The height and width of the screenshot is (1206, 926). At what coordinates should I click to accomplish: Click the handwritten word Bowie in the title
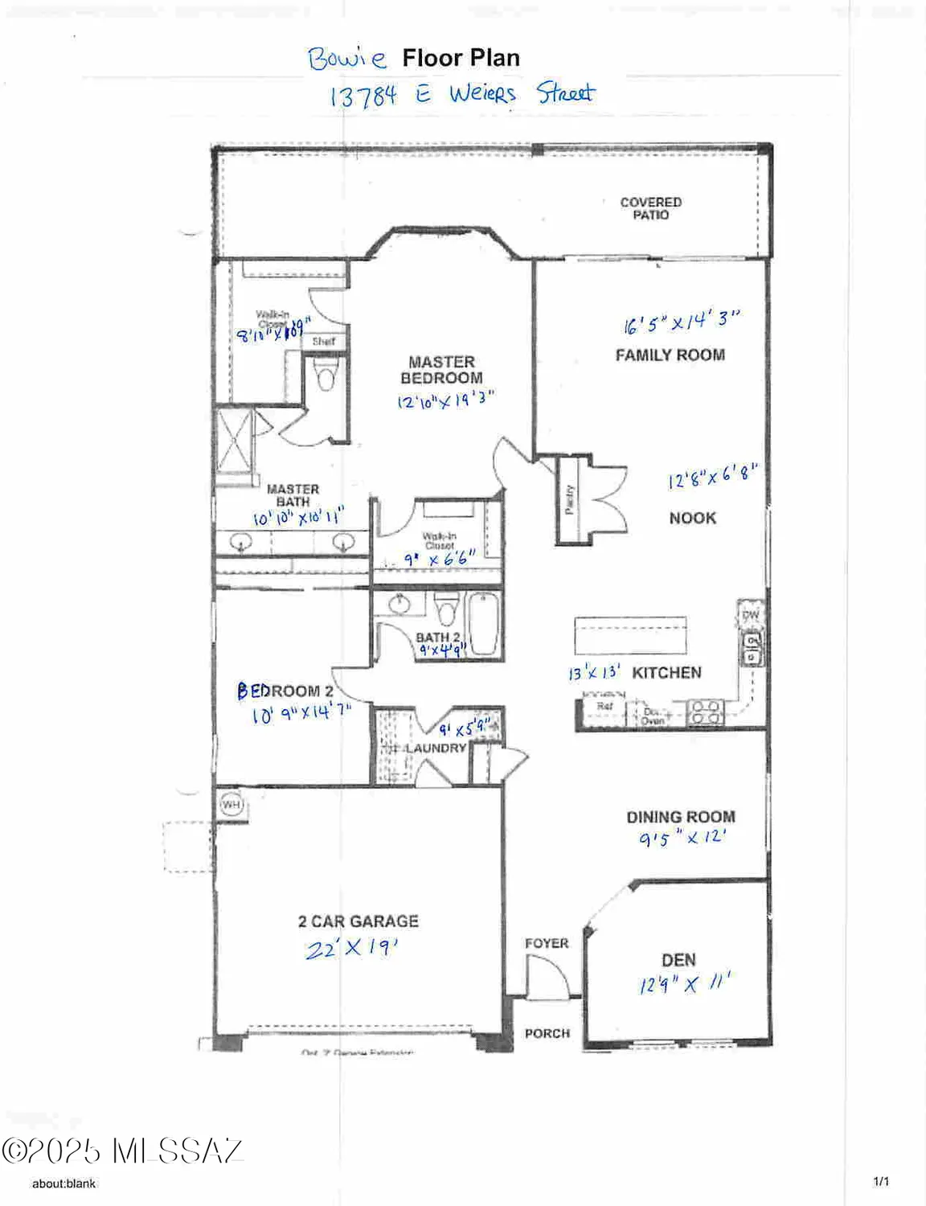click(x=346, y=58)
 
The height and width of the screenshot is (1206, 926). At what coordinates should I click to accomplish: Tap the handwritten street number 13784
click(x=363, y=96)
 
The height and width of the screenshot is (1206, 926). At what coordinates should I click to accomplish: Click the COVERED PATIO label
click(x=650, y=208)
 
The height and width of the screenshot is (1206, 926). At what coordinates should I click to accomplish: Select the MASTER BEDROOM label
click(x=441, y=370)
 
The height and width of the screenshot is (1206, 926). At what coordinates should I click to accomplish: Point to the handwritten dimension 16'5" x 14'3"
click(x=680, y=322)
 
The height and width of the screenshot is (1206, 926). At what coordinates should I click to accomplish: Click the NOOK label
click(x=692, y=519)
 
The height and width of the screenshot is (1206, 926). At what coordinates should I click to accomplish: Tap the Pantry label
click(x=570, y=500)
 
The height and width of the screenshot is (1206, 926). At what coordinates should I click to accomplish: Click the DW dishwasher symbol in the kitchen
click(x=750, y=615)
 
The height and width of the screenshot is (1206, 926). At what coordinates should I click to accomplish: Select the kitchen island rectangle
click(x=630, y=636)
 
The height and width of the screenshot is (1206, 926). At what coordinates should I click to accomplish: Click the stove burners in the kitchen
click(x=704, y=712)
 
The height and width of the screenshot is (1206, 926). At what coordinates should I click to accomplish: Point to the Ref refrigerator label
click(x=604, y=706)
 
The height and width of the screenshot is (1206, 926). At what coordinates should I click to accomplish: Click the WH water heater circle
click(x=231, y=804)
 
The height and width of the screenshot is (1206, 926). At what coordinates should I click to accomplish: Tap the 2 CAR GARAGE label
click(x=358, y=921)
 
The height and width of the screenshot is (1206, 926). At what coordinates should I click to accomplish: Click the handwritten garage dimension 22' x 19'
click(x=351, y=949)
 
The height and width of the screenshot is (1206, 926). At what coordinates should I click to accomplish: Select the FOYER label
click(x=547, y=943)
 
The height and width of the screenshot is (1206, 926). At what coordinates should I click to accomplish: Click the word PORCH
click(x=547, y=1033)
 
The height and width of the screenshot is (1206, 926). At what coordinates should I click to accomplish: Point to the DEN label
click(x=678, y=960)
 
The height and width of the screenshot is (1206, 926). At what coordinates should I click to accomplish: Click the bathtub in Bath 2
click(x=484, y=624)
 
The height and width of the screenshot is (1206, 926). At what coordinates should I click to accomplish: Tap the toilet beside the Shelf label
click(x=325, y=374)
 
